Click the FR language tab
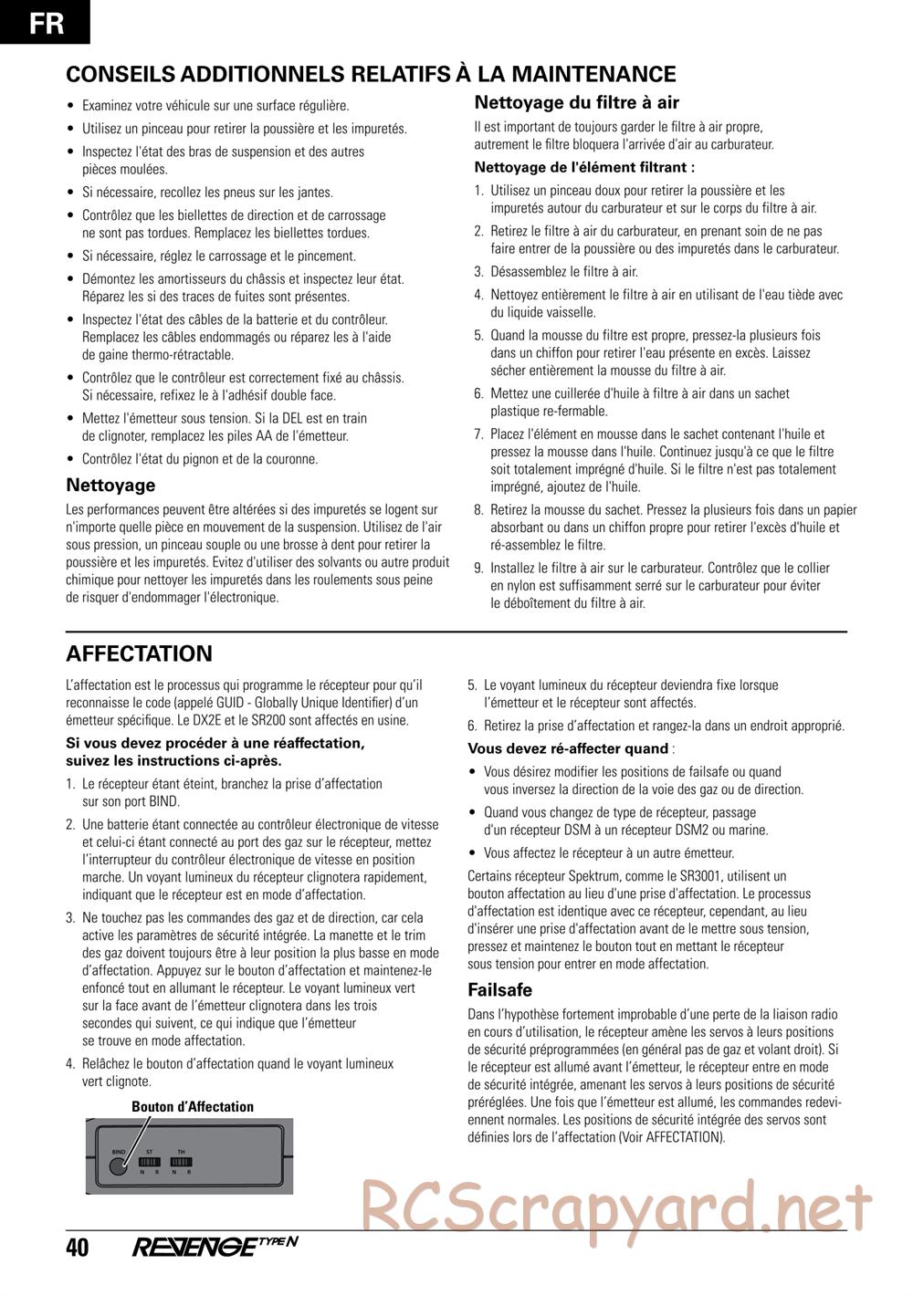[x=46, y=22]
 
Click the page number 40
[x=78, y=1247]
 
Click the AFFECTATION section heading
[x=139, y=653]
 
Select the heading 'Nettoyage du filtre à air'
[x=576, y=103]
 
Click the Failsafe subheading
[x=499, y=989]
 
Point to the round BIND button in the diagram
[x=119, y=1165]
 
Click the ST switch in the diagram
[x=150, y=1161]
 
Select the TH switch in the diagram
[x=181, y=1161]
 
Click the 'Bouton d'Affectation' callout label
[x=193, y=1107]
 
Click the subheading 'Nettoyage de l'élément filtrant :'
[x=584, y=167]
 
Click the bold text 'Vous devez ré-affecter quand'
[x=568, y=748]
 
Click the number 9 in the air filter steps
[x=477, y=568]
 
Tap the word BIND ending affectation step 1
[x=164, y=801]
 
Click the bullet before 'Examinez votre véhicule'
[x=71, y=107]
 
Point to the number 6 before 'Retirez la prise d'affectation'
[x=472, y=726]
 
